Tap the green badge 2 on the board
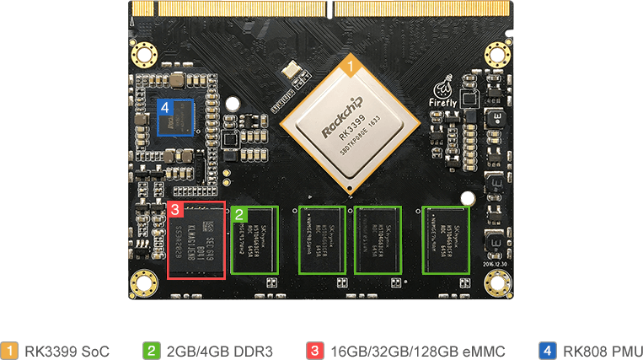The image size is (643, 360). click(x=240, y=214)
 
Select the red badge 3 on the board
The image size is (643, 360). click(x=175, y=209)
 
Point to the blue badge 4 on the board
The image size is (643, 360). click(x=165, y=108)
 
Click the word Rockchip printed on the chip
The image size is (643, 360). click(x=340, y=122)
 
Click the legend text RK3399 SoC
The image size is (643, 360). click(x=67, y=350)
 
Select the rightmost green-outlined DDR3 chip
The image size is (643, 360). click(x=447, y=239)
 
